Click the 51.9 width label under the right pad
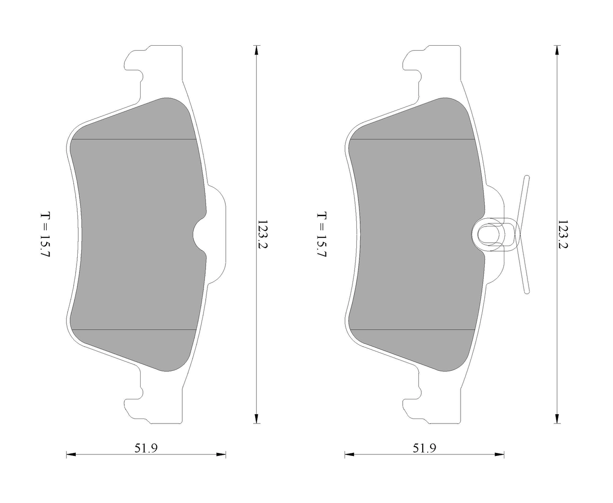point(424,448)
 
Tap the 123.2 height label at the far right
point(563,235)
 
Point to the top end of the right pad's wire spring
point(526,178)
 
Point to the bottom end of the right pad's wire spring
point(527,291)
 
